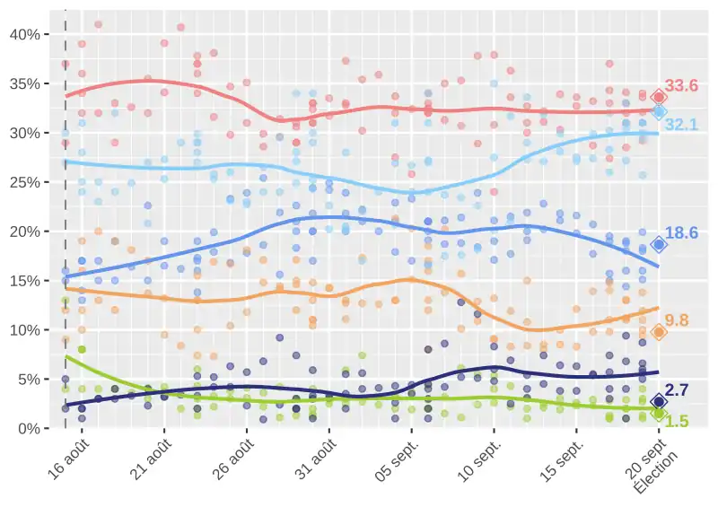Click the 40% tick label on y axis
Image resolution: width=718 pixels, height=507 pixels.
pyautogui.click(x=22, y=34)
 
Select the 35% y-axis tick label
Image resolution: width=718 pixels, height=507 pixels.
pyautogui.click(x=22, y=83)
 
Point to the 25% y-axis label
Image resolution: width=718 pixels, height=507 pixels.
pyautogui.click(x=22, y=182)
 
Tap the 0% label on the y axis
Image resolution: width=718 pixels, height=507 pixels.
pyautogui.click(x=26, y=429)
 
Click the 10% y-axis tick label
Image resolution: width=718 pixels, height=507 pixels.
pyautogui.click(x=22, y=330)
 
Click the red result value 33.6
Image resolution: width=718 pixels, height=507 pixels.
pyautogui.click(x=681, y=86)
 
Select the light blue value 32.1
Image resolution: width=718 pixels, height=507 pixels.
pyautogui.click(x=681, y=125)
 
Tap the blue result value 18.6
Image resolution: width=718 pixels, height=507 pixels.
pyautogui.click(x=681, y=233)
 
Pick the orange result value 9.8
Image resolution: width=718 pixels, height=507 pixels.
pyautogui.click(x=677, y=320)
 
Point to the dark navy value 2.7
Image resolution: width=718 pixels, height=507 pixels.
pyautogui.click(x=677, y=390)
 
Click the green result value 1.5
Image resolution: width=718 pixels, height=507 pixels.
pyautogui.click(x=677, y=421)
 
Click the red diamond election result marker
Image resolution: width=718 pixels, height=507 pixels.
pyautogui.click(x=659, y=97)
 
